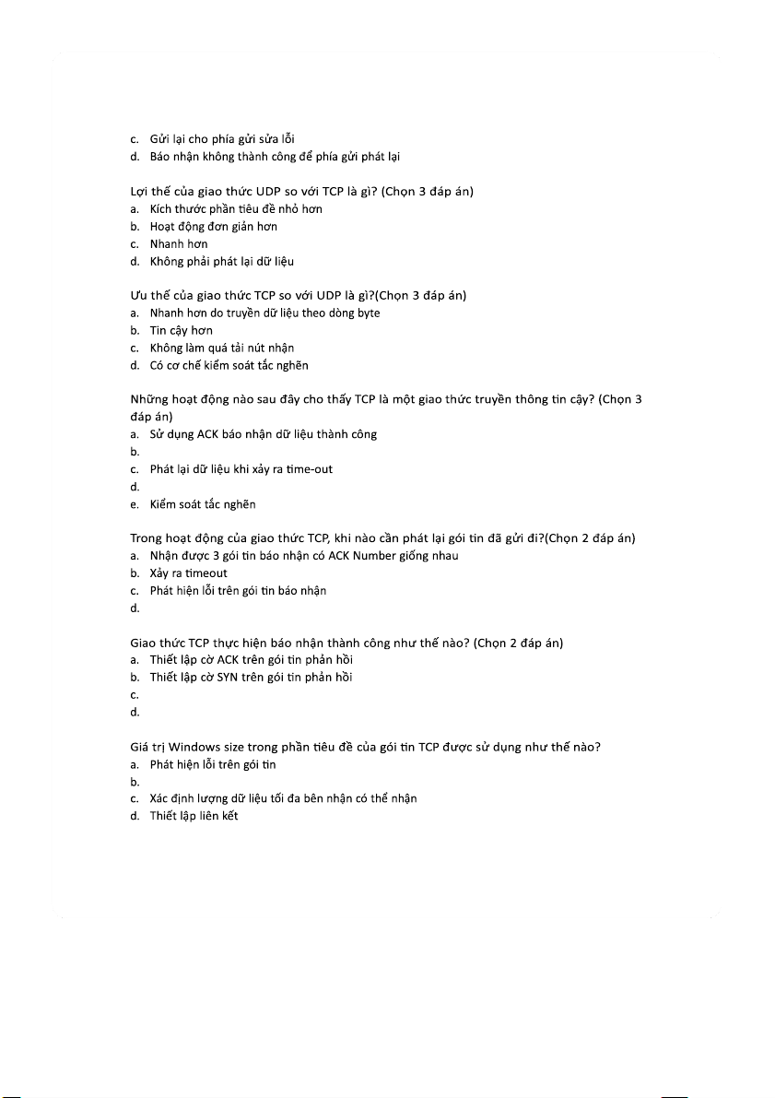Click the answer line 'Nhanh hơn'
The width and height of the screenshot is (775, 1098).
coord(178,244)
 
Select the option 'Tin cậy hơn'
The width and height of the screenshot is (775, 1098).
coord(181,330)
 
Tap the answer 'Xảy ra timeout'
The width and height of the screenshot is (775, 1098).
coord(188,573)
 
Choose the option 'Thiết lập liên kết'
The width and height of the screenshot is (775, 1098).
coord(194,816)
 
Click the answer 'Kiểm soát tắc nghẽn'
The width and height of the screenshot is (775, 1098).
coord(203,504)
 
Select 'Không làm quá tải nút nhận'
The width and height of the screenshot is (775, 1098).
coord(222,348)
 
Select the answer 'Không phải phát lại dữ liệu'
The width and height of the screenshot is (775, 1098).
coord(221,262)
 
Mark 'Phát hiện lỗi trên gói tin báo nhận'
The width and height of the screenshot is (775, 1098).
coord(238,591)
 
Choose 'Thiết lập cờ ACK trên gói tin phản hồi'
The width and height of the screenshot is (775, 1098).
coord(251,660)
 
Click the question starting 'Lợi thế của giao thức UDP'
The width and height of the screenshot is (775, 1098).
coord(301,191)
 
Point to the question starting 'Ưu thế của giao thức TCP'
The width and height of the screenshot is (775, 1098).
coord(298,295)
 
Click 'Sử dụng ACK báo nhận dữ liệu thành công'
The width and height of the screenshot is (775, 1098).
coord(263,434)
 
